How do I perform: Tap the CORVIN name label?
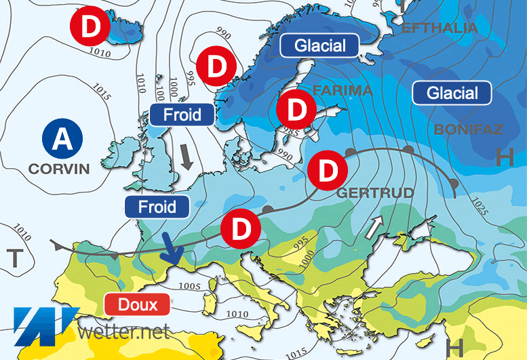point(59,168)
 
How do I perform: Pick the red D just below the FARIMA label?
point(296,108)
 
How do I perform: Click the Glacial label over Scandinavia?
point(320,46)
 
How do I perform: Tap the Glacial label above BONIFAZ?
point(452,93)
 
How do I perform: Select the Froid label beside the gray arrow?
point(182,115)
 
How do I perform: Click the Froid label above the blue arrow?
point(157,206)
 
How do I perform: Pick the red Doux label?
point(138,304)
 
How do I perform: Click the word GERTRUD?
point(375,193)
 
